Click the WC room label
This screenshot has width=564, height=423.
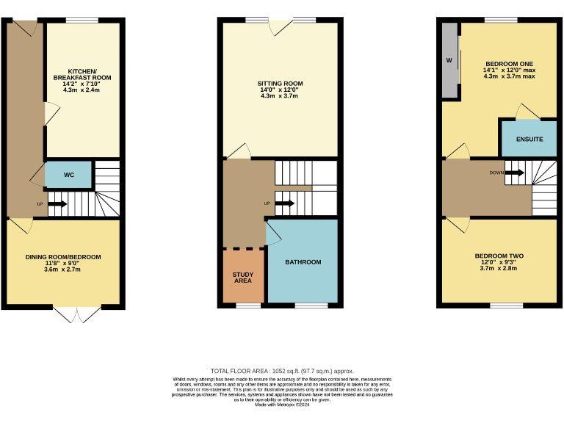(68, 176)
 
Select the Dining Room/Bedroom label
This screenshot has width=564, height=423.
(63, 257)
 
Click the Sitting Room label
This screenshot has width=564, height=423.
(280, 84)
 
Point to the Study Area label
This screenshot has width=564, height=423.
(243, 277)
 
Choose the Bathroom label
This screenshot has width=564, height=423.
(303, 262)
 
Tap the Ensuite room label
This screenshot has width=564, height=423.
(529, 139)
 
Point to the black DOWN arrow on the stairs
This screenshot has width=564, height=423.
(514, 173)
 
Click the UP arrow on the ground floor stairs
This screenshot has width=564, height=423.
(57, 203)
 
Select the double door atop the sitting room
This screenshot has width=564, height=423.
(281, 26)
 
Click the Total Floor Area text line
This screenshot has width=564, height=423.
(282, 372)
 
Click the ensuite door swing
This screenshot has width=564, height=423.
(527, 112)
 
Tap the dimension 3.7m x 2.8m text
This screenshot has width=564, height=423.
(499, 269)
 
